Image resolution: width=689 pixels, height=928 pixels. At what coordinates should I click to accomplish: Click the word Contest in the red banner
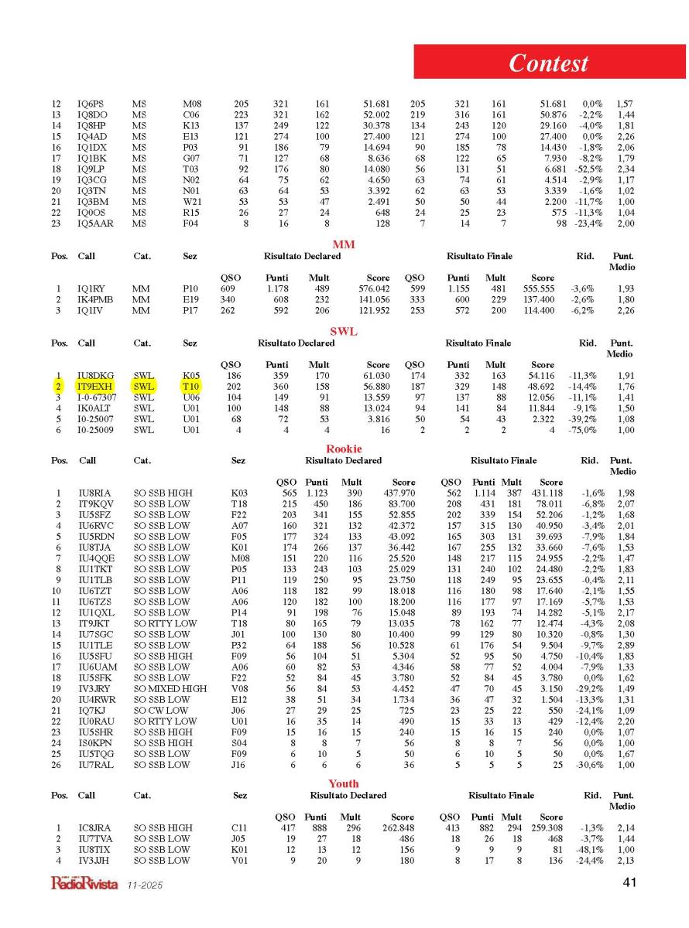(548, 63)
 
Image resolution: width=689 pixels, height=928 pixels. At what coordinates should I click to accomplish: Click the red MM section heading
(344, 244)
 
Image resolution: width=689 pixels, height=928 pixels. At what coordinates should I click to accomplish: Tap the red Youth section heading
(344, 783)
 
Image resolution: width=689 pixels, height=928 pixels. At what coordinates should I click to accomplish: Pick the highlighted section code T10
(190, 385)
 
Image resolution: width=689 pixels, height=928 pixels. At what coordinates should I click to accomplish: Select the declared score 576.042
(372, 288)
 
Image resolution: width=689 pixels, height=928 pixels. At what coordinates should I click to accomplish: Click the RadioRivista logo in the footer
(84, 883)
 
